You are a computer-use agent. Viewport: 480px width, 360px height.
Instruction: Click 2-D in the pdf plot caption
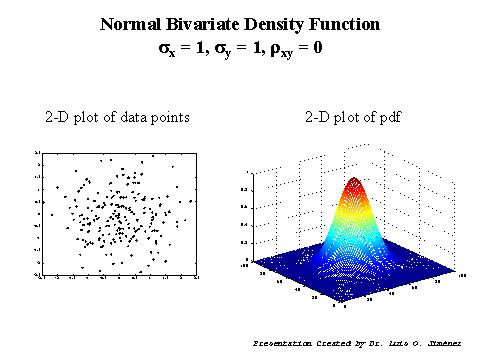coord(318,118)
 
